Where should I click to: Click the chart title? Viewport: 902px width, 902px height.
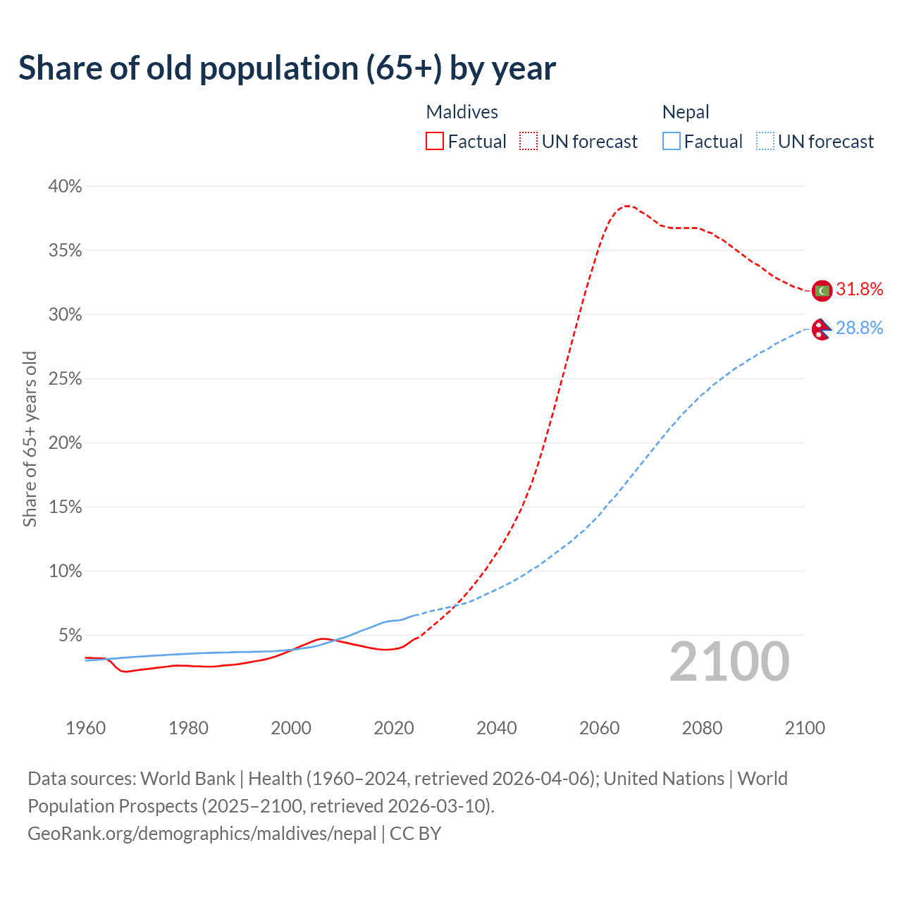(x=287, y=68)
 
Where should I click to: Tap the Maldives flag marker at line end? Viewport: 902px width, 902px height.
(x=822, y=290)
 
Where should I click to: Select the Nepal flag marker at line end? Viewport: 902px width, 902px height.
(x=822, y=328)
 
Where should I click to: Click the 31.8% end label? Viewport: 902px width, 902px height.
(x=859, y=290)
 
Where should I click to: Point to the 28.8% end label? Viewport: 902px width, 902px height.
(x=859, y=328)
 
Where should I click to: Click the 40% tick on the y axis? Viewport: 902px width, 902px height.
(x=65, y=186)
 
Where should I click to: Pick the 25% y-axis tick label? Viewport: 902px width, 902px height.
(x=65, y=379)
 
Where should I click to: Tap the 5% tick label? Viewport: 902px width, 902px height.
(x=70, y=636)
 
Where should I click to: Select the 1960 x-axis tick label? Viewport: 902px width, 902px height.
(x=85, y=728)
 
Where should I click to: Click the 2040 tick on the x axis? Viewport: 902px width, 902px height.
(x=497, y=728)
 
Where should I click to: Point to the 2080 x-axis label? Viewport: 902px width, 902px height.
(x=702, y=728)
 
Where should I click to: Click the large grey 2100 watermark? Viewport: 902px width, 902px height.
(x=729, y=662)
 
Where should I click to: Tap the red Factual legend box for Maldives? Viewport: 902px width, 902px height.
(x=435, y=142)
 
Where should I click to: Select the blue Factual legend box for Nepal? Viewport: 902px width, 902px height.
(x=672, y=142)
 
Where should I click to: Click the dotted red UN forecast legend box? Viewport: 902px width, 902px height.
(x=529, y=142)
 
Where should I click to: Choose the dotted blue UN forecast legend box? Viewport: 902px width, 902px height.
(x=765, y=142)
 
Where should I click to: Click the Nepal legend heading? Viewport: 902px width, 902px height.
(x=686, y=112)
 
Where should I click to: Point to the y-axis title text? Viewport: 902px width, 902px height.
(x=30, y=439)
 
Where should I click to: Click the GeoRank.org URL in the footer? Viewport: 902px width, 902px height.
(x=202, y=833)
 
